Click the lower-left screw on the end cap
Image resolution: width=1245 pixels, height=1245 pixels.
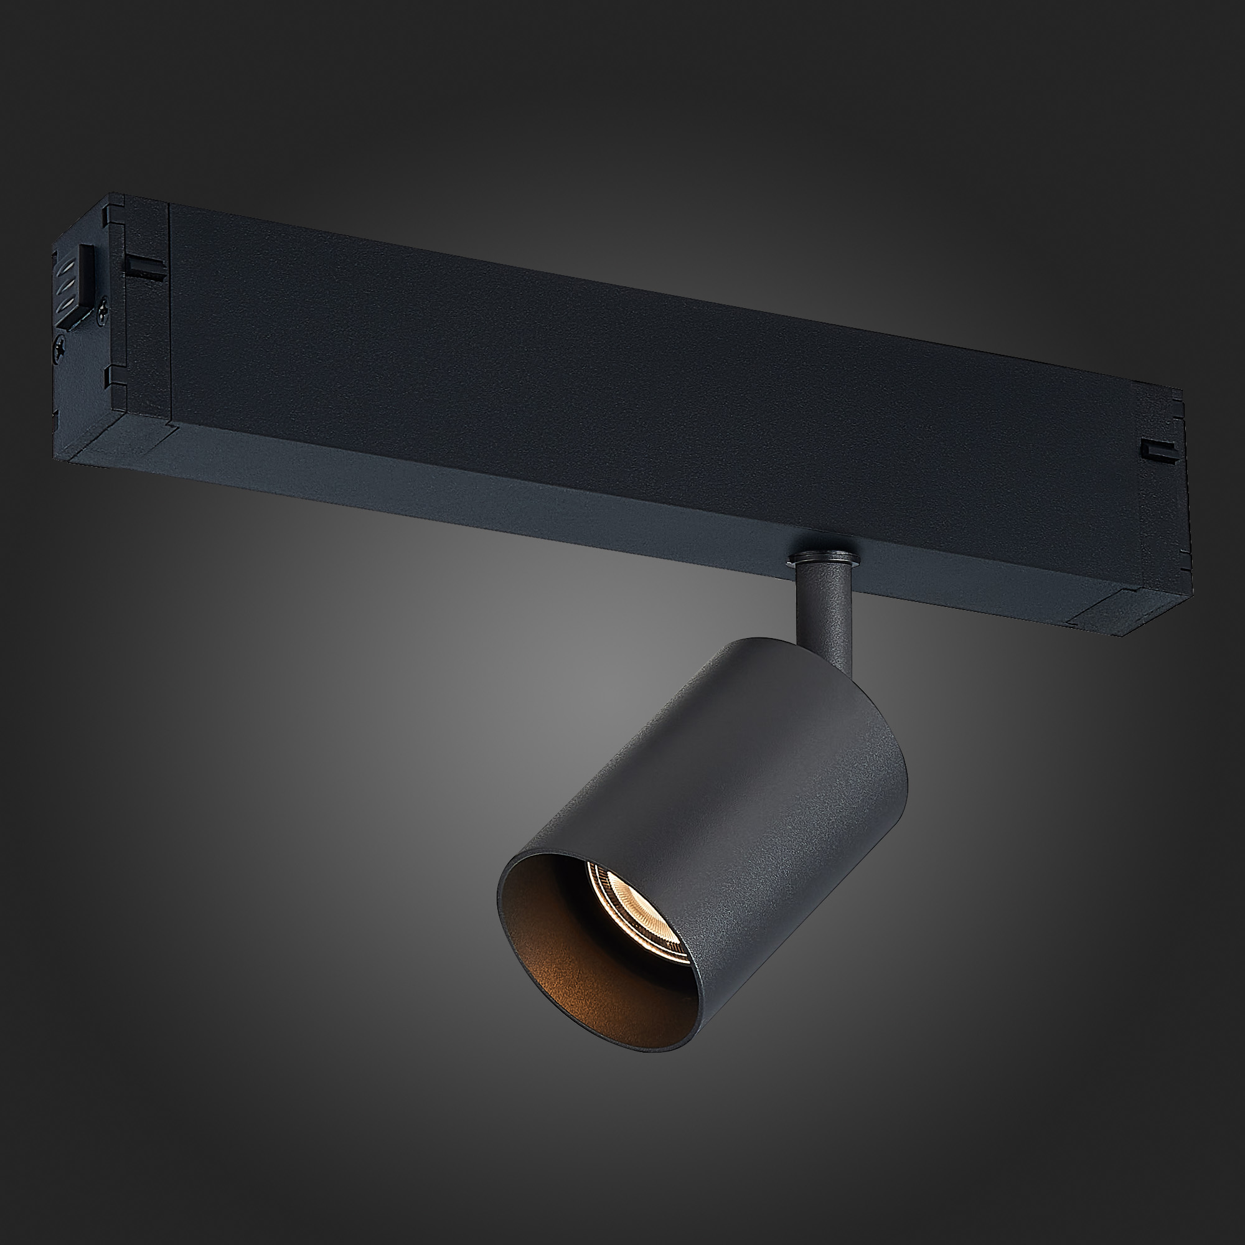(x=59, y=349)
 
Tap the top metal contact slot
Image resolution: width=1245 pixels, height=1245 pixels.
(x=67, y=268)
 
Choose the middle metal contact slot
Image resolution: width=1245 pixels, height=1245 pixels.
(x=67, y=287)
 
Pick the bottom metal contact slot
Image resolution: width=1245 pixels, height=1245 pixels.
(x=66, y=306)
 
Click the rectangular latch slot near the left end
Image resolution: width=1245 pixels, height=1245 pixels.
(x=146, y=269)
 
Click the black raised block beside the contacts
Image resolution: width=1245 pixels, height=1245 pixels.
(x=87, y=276)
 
